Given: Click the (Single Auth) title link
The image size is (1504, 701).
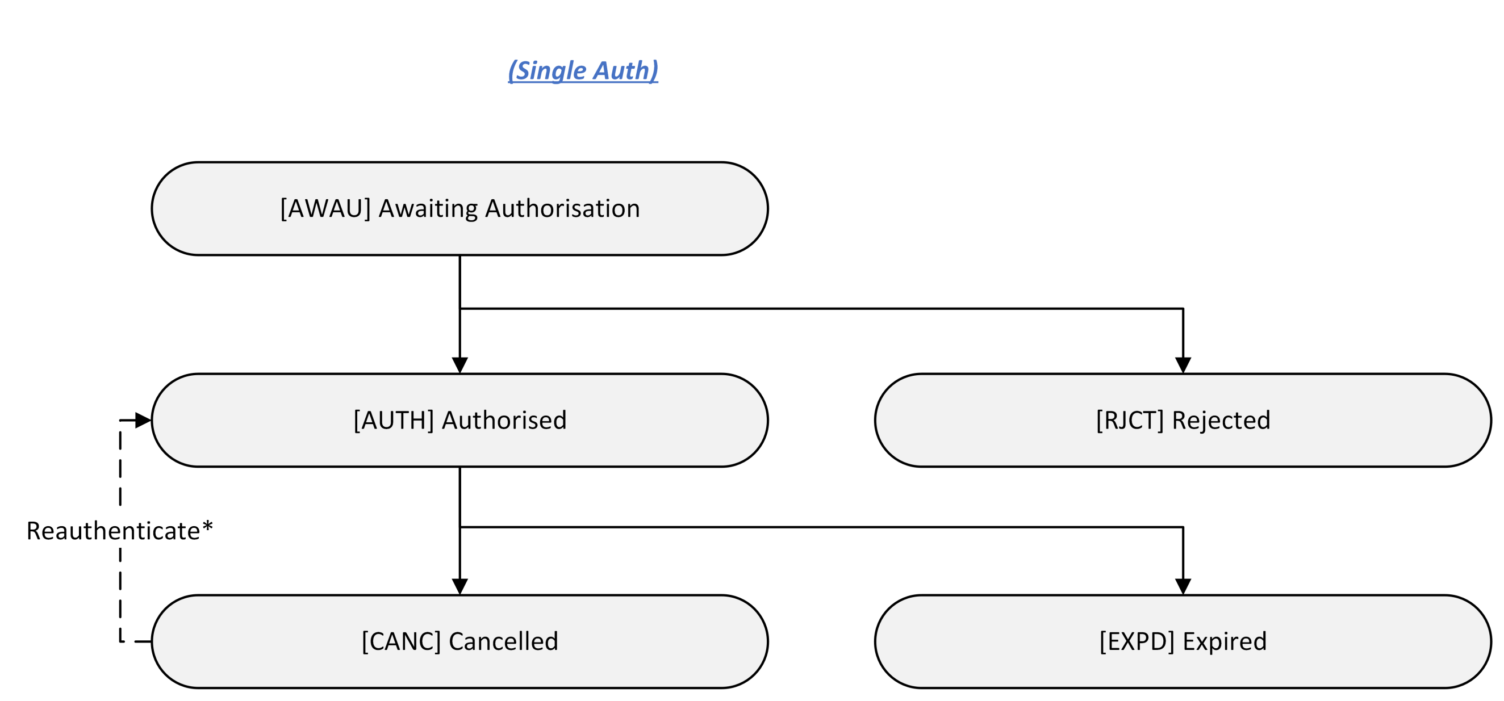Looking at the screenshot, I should pyautogui.click(x=583, y=70).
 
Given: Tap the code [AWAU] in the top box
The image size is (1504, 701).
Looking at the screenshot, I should pyautogui.click(x=325, y=208).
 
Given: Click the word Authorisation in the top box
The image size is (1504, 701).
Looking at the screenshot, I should pyautogui.click(x=562, y=208).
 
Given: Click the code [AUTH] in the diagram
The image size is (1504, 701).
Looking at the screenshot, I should pyautogui.click(x=394, y=420).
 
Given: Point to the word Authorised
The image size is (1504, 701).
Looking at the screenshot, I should pyautogui.click(x=504, y=420).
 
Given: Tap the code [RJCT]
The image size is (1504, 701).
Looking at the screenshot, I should pyautogui.click(x=1130, y=420).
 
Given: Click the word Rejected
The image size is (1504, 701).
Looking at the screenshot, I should pyautogui.click(x=1221, y=420).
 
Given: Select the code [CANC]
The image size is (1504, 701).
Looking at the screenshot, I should pyautogui.click(x=401, y=641).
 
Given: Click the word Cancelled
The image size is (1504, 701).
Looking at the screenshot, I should pyautogui.click(x=503, y=641).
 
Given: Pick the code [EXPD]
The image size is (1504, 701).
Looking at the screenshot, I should pyautogui.click(x=1137, y=641).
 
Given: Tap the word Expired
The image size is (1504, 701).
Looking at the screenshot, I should pyautogui.click(x=1225, y=641).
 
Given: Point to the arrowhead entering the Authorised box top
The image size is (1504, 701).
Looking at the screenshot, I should pyautogui.click(x=460, y=366).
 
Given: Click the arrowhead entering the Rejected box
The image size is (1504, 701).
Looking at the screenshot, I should pyautogui.click(x=1183, y=366).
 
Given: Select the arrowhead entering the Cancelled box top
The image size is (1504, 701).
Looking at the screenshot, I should pyautogui.click(x=460, y=586).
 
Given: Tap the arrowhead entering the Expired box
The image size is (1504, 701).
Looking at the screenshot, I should pyautogui.click(x=1183, y=586).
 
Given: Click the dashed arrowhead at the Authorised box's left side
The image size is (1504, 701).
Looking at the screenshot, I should pyautogui.click(x=143, y=420).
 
